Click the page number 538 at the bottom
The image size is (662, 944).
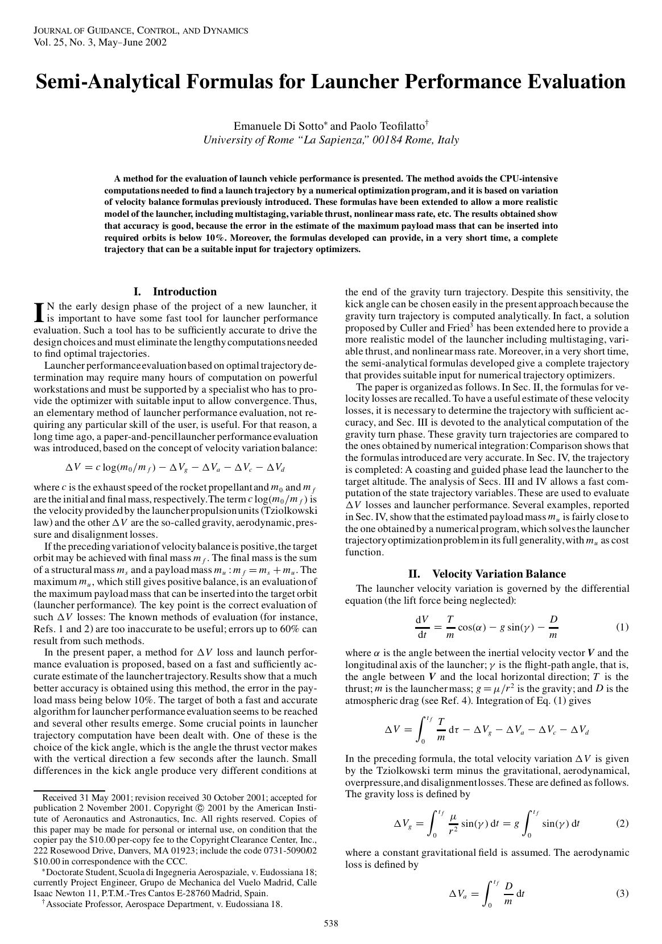(331, 924)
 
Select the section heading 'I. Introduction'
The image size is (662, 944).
(175, 292)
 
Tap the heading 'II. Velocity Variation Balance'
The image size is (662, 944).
(487, 574)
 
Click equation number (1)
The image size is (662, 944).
(622, 627)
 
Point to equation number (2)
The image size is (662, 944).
(622, 823)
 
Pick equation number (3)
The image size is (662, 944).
(622, 893)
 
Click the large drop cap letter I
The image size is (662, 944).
(39, 312)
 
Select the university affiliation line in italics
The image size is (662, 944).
(331, 140)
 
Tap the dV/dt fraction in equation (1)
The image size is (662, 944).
(421, 627)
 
